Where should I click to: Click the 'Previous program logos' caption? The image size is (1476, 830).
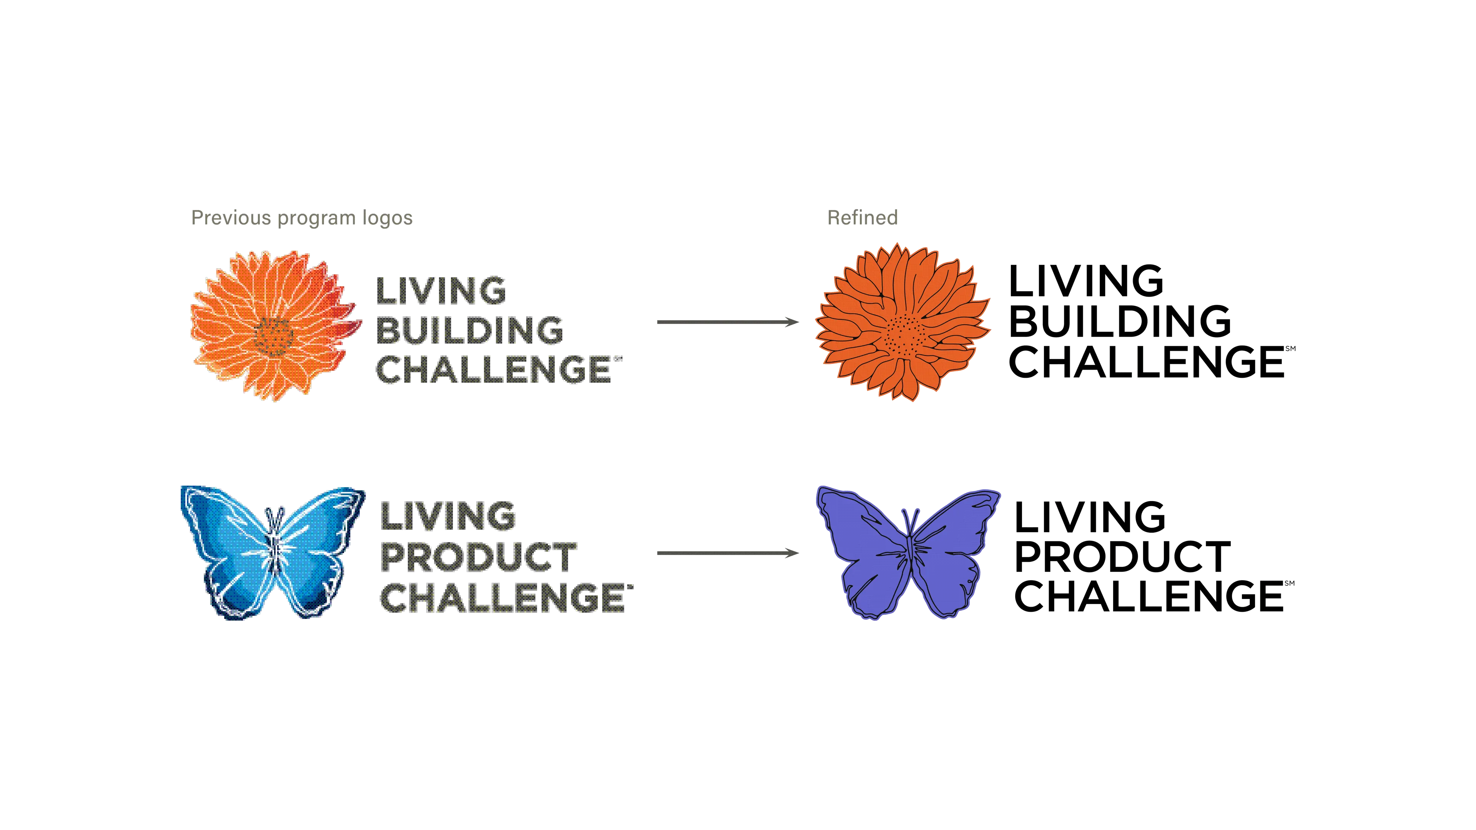pos(301,218)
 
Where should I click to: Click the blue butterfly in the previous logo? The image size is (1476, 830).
pos(272,553)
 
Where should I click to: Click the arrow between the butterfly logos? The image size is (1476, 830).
pos(726,553)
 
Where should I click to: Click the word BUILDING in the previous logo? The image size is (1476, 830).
pos(469,329)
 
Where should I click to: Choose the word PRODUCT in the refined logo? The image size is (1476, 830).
pos(1123,556)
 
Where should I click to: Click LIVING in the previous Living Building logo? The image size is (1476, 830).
pos(441,290)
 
